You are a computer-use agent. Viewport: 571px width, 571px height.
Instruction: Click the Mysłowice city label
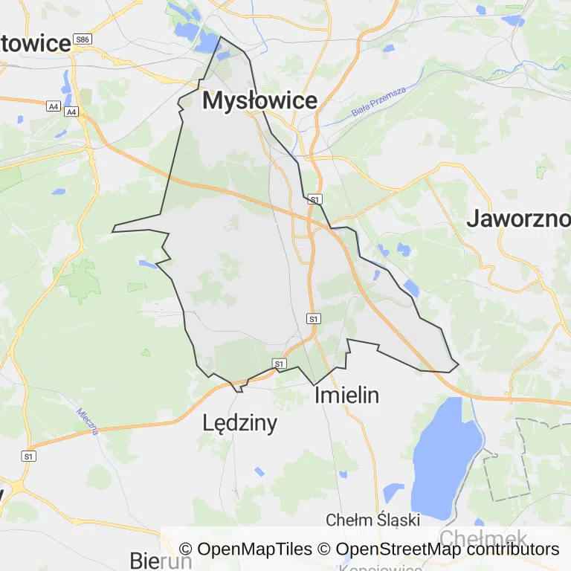coord(259,100)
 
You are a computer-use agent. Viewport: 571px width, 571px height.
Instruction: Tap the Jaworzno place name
coord(519,219)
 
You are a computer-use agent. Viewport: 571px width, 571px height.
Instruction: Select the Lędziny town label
coord(239,423)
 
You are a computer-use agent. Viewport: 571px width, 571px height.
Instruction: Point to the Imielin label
coord(346,395)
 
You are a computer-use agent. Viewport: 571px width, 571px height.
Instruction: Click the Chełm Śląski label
coord(373,519)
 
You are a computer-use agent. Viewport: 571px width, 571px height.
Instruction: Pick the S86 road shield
coord(83,39)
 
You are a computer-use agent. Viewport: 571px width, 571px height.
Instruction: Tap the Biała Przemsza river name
coord(379,103)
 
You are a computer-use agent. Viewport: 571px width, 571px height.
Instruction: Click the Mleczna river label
coord(88,420)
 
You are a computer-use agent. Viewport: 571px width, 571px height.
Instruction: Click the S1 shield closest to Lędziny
coord(279,364)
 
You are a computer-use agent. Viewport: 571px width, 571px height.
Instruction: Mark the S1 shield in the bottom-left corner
coord(29,456)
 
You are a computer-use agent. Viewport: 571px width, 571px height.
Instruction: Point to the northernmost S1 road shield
coord(315,199)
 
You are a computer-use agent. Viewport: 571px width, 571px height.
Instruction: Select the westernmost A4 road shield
coord(53,106)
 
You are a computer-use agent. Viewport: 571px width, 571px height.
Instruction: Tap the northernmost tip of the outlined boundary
coord(220,36)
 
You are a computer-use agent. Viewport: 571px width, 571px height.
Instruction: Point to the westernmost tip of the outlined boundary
coord(112,231)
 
